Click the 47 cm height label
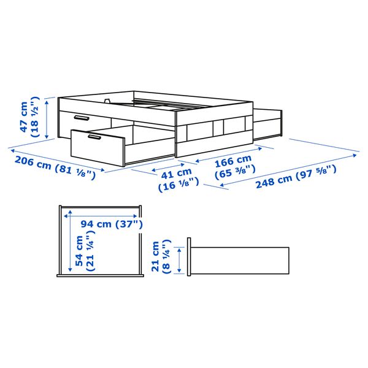(23, 118)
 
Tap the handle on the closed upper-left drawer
(80, 117)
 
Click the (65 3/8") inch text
(233, 174)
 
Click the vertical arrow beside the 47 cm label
(48, 118)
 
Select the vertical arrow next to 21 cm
(180, 260)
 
